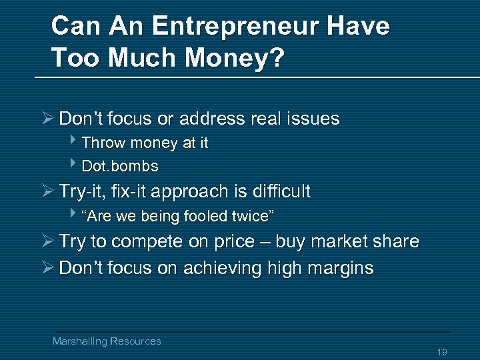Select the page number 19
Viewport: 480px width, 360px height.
coord(441,352)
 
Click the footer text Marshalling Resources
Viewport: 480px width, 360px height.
coord(107,341)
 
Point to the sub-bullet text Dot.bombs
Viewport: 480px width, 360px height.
coord(120,166)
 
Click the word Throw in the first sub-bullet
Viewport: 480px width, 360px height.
coord(104,143)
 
